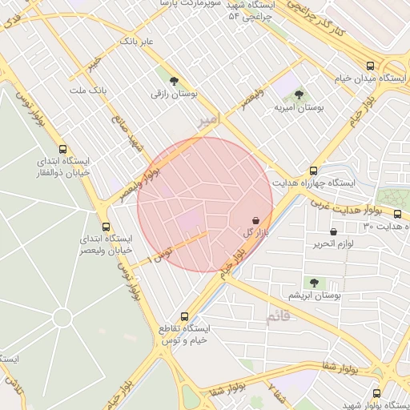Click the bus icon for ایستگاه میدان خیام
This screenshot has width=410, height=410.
pos(369,66)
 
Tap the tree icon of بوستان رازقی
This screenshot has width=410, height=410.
pos(174,79)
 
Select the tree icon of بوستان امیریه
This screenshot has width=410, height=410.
pos(299,94)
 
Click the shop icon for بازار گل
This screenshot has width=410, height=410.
pos(255,219)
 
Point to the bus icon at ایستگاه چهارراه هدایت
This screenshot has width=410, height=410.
pos(312,170)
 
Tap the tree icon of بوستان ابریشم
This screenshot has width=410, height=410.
pos(314,283)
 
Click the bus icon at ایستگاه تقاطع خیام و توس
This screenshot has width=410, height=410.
pos(185,316)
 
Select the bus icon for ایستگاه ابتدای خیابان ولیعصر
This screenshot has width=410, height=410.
pos(106,227)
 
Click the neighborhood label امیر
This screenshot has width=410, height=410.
pos(207,120)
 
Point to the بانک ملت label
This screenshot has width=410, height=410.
pos(88,90)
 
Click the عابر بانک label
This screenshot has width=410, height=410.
pos(136,40)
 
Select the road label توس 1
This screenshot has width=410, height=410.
pos(163,255)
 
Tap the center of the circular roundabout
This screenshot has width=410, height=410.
pos(62,317)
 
